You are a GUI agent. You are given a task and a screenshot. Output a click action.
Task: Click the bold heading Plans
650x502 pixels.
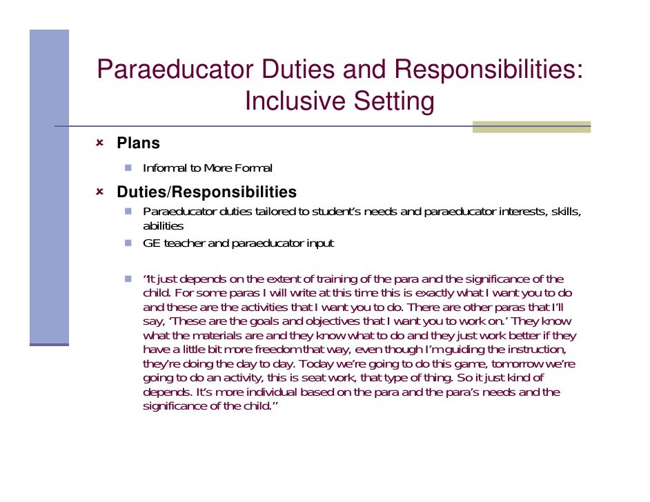pos(138,143)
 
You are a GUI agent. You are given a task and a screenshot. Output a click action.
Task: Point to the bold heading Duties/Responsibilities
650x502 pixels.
pos(207,192)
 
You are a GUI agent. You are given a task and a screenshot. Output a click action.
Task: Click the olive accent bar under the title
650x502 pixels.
pos(531,127)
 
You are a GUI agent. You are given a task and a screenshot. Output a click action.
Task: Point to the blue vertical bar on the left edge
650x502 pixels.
pos(49,186)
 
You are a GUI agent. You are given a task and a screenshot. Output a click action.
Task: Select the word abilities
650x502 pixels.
pos(163,226)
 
